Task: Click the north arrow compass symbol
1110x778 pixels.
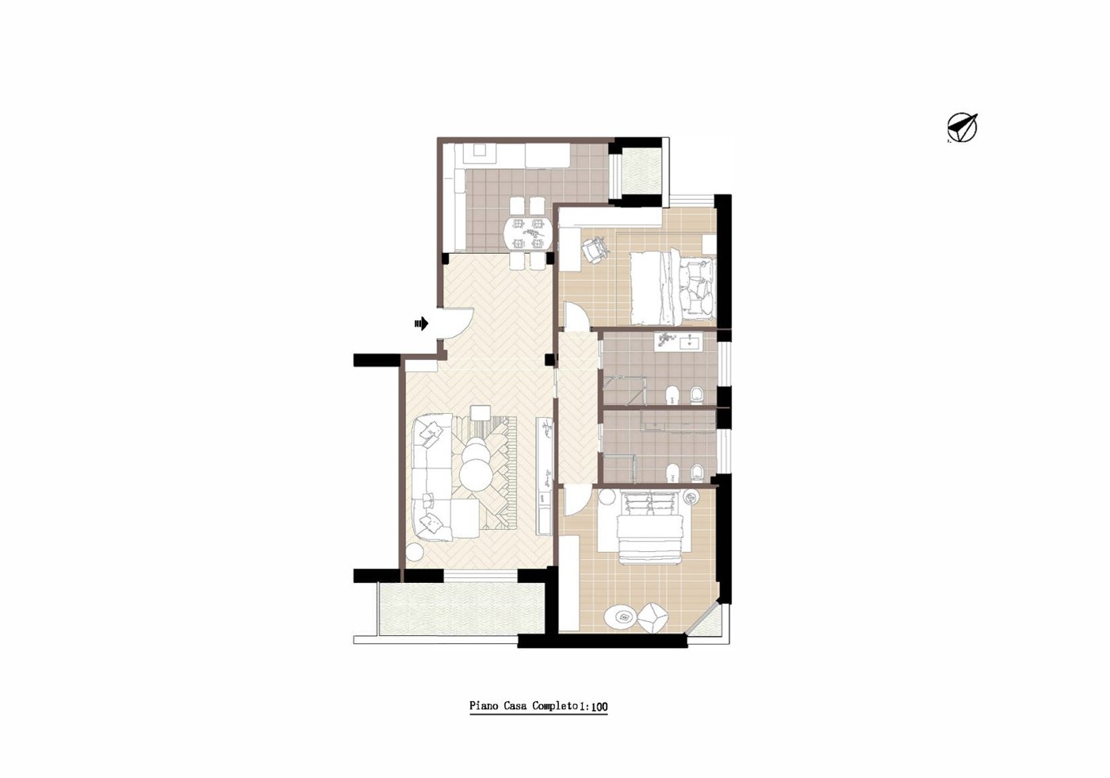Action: click(x=962, y=128)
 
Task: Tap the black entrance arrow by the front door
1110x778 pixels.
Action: click(x=421, y=324)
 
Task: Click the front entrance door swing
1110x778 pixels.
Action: click(x=457, y=323)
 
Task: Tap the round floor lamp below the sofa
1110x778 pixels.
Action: click(x=414, y=552)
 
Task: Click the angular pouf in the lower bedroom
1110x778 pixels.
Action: click(x=653, y=618)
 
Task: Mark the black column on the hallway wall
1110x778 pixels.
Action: click(x=549, y=359)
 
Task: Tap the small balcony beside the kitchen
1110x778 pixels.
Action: click(x=641, y=171)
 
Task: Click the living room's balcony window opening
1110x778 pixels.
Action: click(x=480, y=575)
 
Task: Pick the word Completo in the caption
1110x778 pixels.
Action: click(x=555, y=706)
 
